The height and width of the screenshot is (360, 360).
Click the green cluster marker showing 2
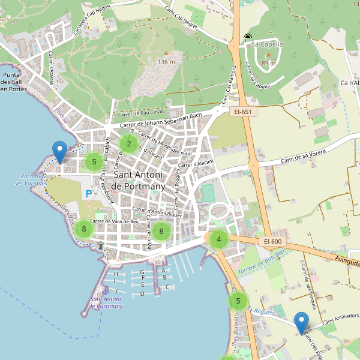(x=128, y=144)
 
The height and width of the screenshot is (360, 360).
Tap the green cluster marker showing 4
(x=219, y=239)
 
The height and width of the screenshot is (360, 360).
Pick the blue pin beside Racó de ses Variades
(x=59, y=151)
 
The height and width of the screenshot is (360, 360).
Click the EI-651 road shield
(x=243, y=112)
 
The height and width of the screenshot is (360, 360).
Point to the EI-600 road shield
(x=272, y=241)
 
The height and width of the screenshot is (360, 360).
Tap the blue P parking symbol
(x=89, y=194)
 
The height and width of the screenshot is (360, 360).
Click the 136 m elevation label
(x=166, y=62)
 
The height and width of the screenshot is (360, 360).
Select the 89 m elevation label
(x=268, y=63)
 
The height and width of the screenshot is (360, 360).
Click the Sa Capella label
(x=267, y=44)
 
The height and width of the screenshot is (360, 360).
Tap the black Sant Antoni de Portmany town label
(x=139, y=181)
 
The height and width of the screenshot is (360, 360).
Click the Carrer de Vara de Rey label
(x=114, y=221)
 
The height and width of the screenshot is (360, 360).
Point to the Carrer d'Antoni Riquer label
(x=157, y=211)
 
